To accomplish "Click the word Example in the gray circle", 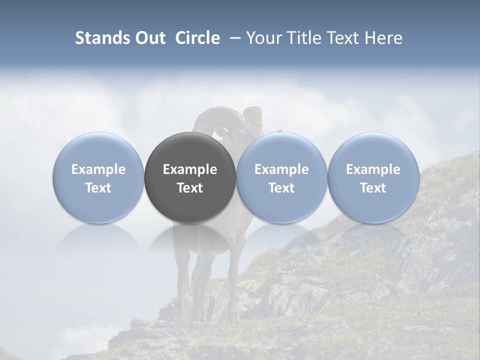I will [190, 170].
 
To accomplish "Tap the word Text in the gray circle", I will [190, 188].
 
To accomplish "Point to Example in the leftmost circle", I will [98, 170].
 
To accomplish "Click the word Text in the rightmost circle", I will [373, 188].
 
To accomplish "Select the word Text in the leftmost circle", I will [98, 188].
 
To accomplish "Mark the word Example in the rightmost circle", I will [373, 170].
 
